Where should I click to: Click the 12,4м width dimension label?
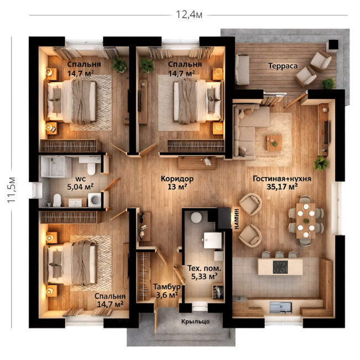click(189, 14)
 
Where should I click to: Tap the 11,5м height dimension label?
click(12, 190)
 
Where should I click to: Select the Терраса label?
click(283, 66)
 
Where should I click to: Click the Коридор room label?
click(177, 179)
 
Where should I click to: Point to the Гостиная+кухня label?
click(282, 179)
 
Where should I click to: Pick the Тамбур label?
click(166, 287)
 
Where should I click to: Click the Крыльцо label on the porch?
click(195, 321)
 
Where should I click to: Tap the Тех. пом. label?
click(204, 268)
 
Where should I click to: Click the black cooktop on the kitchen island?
click(280, 267)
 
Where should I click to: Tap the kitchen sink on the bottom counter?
click(280, 307)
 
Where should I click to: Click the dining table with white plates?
click(306, 221)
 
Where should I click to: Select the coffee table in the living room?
click(274, 143)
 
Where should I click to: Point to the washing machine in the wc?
click(95, 200)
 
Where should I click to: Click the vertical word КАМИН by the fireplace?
click(237, 219)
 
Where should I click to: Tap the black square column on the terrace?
click(332, 45)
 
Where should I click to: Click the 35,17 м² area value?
click(282, 186)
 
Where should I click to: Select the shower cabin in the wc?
click(56, 166)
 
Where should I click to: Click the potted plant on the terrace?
click(328, 84)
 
